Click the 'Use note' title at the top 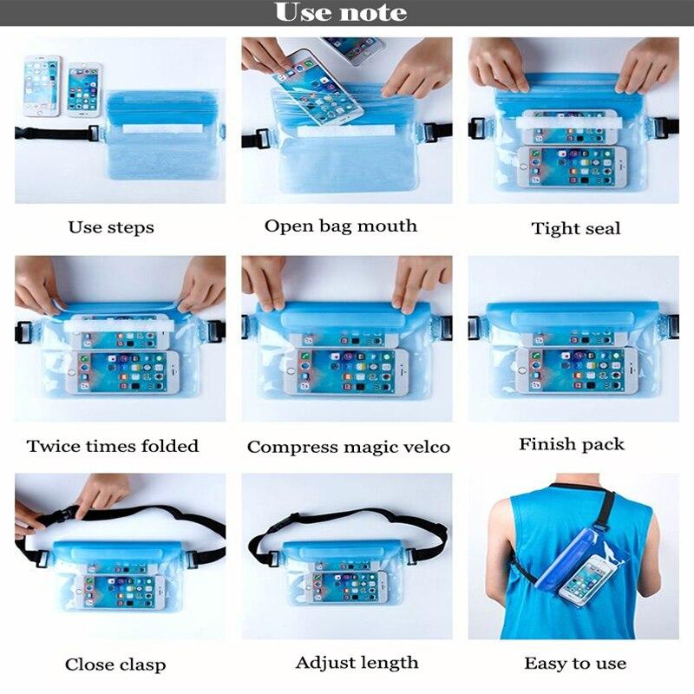pos(340,13)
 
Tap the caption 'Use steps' pos(111,227)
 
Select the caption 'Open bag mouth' pos(340,226)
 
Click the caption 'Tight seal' pos(575,228)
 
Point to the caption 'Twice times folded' pos(113,446)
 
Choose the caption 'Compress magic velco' pos(348,447)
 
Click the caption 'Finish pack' pos(571,444)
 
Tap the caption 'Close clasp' pos(115,665)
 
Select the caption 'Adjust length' pos(357,663)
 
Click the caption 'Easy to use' pos(574,664)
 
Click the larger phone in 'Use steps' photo pos(42,86)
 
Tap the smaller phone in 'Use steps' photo pos(84,89)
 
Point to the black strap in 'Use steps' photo pos(52,134)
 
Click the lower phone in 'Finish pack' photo pos(573,371)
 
